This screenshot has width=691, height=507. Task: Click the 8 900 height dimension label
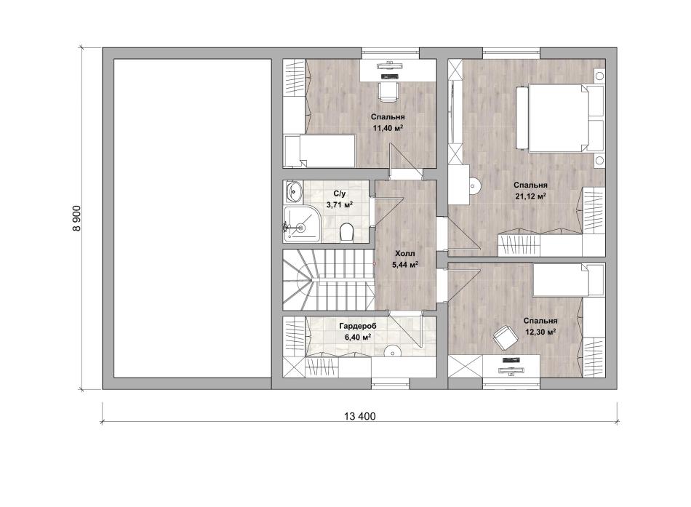click(76, 218)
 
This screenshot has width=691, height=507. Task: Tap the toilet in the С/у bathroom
click(347, 232)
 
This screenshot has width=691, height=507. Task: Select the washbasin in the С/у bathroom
click(292, 191)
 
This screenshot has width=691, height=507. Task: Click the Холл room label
click(404, 254)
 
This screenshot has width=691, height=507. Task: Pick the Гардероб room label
click(357, 327)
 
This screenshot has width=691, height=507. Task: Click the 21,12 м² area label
click(530, 196)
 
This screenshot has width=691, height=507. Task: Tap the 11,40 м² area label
click(388, 128)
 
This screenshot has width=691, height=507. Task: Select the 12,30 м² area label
click(540, 332)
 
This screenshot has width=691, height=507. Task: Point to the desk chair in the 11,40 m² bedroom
click(388, 91)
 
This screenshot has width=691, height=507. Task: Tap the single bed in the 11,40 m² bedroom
click(319, 151)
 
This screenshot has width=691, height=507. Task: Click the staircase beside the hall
click(328, 280)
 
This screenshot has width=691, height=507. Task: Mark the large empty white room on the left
click(192, 218)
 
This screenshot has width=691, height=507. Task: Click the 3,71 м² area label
click(340, 204)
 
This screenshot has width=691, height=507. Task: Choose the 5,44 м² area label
click(405, 265)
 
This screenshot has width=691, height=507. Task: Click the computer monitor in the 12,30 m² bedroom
click(511, 360)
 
